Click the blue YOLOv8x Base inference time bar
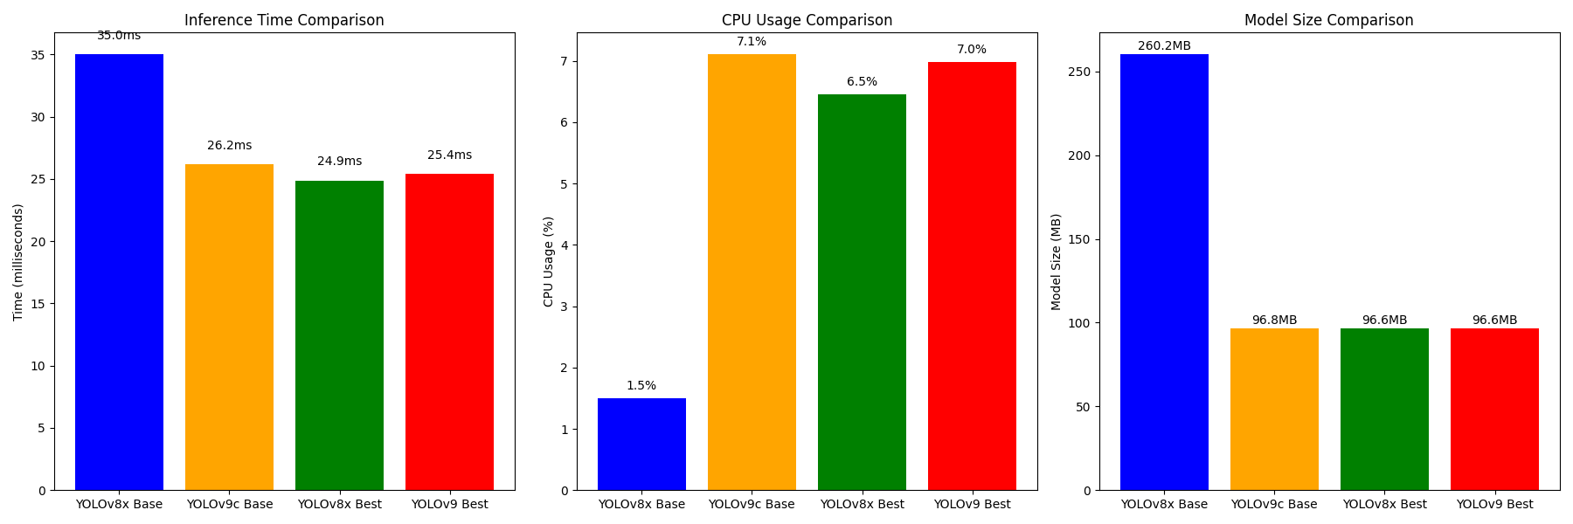tap(119, 272)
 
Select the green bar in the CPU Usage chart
tap(862, 292)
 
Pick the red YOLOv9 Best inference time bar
tap(449, 332)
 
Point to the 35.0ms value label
tap(119, 36)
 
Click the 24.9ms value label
tap(339, 162)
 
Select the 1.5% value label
tap(641, 386)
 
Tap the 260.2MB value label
tap(1164, 46)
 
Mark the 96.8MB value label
tap(1274, 321)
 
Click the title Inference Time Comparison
tap(284, 20)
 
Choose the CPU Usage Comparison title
tap(807, 20)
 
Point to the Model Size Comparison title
tap(1328, 20)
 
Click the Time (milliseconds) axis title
tap(18, 262)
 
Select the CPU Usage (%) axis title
tap(549, 261)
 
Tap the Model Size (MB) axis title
tap(1057, 261)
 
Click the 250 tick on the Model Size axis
tap(1080, 72)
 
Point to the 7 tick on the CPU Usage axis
tap(565, 61)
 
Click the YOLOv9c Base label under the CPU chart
tap(752, 504)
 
